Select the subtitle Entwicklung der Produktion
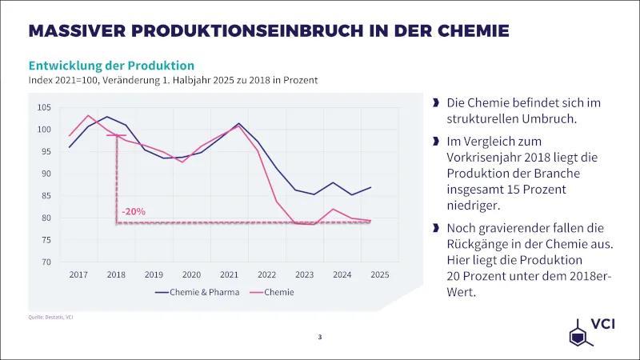point(111,65)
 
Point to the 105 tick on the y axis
point(44,108)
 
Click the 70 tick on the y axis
point(46,262)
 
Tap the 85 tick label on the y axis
point(46,196)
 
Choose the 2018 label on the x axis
point(117,274)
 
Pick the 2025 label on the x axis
point(380,274)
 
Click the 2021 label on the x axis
point(230,274)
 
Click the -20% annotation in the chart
point(134,212)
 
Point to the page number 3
point(320,338)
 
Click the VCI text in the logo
point(602,324)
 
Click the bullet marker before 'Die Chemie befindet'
point(435,103)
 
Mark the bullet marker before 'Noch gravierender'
point(435,228)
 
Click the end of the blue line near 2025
point(370,187)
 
